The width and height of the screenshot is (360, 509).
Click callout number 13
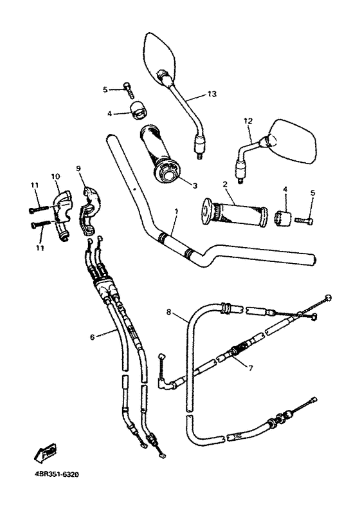(x=212, y=95)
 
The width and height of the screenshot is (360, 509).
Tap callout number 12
(x=248, y=120)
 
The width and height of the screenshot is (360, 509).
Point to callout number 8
(x=168, y=313)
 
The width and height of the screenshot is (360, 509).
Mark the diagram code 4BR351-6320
(x=53, y=477)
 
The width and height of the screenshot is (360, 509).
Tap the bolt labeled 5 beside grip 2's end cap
(x=304, y=220)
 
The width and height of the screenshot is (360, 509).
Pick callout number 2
(x=225, y=185)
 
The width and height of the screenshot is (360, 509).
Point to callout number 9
(x=78, y=169)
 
